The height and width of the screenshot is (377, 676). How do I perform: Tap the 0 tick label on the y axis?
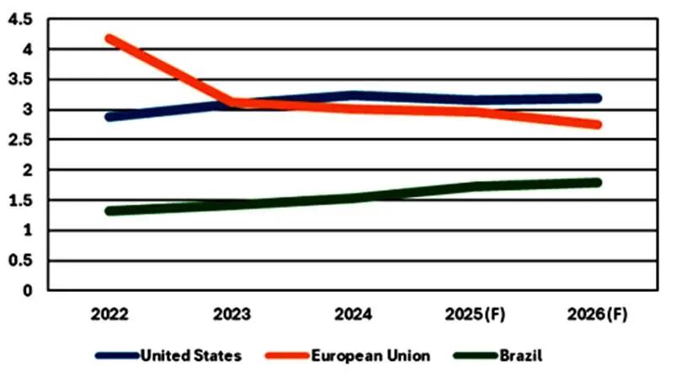pos(28,290)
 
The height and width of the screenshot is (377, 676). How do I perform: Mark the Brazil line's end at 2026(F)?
pos(597,182)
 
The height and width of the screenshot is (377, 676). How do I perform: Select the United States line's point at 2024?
pos(354,96)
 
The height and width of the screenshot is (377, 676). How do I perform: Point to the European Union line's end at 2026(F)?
pos(597,125)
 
